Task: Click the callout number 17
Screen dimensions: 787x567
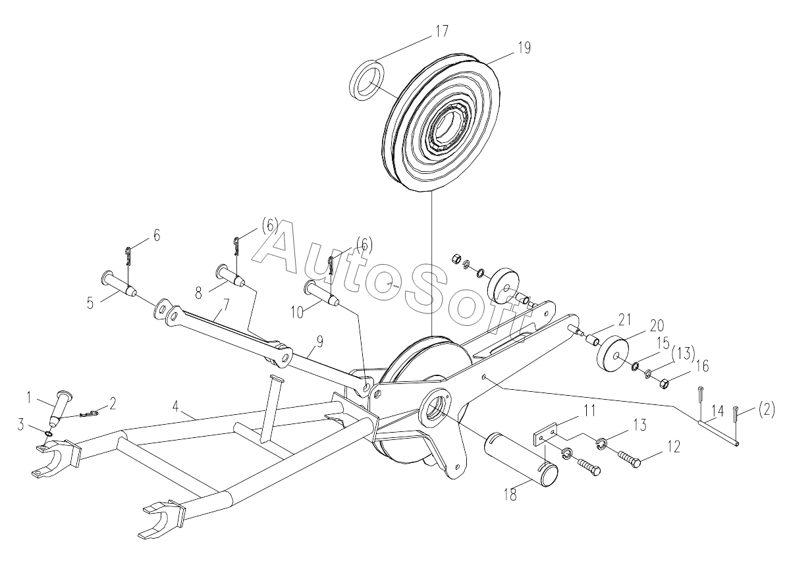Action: (x=441, y=31)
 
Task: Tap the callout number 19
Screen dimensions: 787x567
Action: (x=524, y=48)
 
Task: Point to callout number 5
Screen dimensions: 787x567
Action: (x=90, y=303)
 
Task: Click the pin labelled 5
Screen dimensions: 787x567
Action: (x=119, y=283)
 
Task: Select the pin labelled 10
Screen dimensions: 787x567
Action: (x=322, y=293)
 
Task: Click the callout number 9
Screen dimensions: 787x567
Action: (x=319, y=342)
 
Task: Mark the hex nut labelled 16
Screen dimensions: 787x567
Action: (x=663, y=385)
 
